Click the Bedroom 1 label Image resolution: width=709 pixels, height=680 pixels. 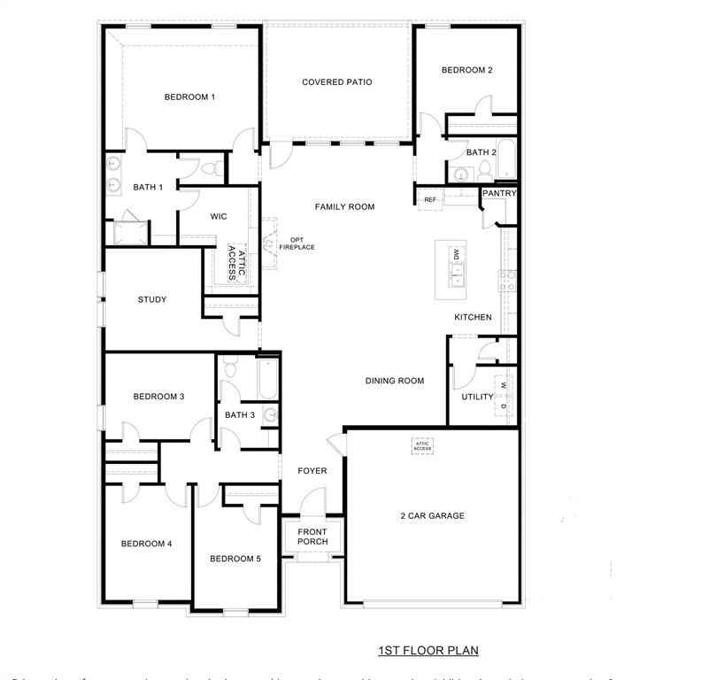(x=189, y=97)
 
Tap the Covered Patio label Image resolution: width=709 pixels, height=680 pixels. (x=336, y=82)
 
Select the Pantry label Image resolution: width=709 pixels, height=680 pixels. (x=499, y=193)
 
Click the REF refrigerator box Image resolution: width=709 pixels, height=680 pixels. (x=430, y=200)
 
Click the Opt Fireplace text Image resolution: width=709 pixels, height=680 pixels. (x=297, y=243)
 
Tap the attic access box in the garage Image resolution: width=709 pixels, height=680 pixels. (x=422, y=446)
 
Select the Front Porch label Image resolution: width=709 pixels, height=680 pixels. (x=312, y=537)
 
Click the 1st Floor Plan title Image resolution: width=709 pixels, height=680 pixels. (x=428, y=651)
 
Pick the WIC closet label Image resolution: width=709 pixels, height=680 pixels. (x=219, y=216)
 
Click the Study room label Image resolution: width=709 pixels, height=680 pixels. (x=152, y=299)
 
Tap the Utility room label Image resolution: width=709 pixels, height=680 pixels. (x=477, y=397)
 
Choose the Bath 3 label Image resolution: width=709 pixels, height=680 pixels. (x=239, y=414)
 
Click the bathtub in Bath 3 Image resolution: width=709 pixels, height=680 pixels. (x=267, y=379)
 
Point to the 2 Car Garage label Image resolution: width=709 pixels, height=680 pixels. (x=431, y=516)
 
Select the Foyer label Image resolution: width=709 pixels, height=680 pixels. (x=312, y=471)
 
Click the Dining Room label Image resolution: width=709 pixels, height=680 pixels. (x=395, y=381)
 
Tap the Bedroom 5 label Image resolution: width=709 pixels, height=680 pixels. (x=235, y=559)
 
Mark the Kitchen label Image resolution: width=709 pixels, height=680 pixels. (x=473, y=317)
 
